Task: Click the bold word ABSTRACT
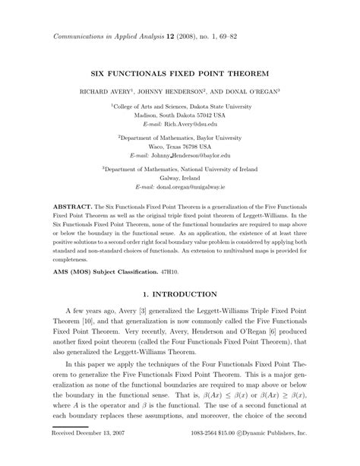[x=71, y=207]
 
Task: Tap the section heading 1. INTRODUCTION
[x=179, y=293]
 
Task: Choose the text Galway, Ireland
[x=179, y=176]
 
